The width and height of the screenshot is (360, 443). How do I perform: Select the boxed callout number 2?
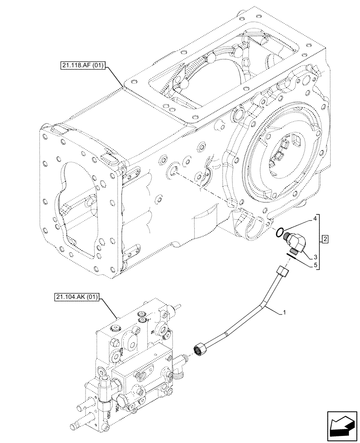tap(326, 240)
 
